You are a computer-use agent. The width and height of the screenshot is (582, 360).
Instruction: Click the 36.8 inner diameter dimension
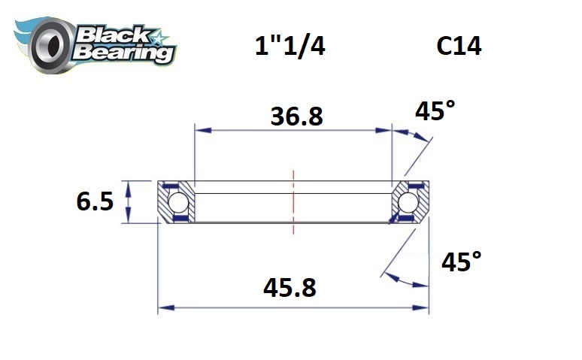point(296,116)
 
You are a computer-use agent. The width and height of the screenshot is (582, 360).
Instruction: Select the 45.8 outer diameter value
point(288,288)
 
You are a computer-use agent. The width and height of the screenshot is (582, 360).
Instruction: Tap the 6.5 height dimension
point(95,201)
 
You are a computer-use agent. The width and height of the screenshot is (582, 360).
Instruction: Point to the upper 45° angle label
point(435,113)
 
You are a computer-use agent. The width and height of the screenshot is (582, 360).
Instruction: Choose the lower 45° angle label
point(461,262)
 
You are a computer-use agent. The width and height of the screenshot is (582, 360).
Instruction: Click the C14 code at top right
point(459,47)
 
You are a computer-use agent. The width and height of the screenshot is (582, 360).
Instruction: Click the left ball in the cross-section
point(178,202)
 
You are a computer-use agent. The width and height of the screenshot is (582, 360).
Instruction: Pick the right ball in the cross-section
point(408,202)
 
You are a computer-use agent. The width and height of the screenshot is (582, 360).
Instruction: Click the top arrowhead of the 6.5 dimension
point(128,185)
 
